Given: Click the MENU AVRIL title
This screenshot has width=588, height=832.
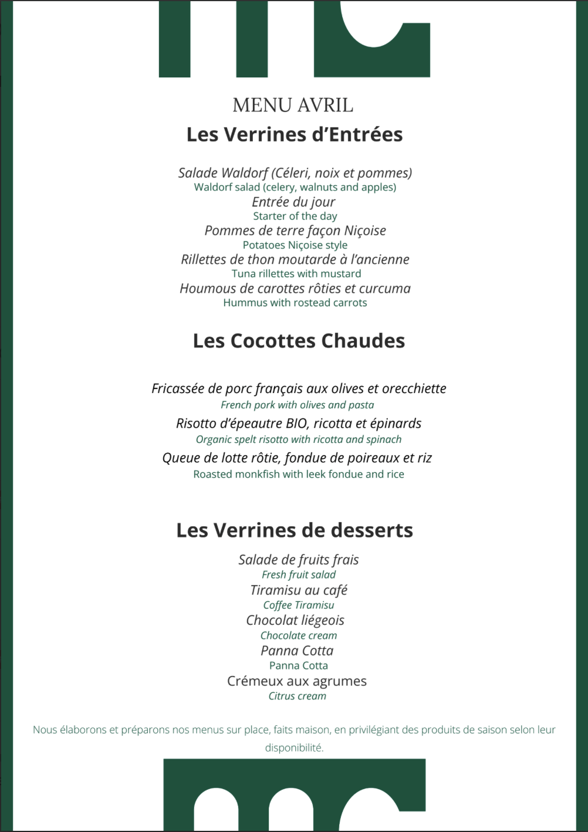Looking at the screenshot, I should pos(293,106).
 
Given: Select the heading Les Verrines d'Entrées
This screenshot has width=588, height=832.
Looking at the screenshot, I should pos(295,135).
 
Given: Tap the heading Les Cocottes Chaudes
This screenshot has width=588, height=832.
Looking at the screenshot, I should pos(299,341).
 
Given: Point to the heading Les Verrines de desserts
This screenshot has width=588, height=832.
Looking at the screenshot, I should pos(295,530).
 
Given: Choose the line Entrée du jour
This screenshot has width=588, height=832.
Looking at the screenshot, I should pos(293,202).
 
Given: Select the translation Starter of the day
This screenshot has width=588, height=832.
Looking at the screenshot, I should pos(295,217).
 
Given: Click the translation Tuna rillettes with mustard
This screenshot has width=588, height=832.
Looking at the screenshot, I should pos(296,274).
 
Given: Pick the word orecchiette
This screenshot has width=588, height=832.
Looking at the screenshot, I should pos(414,388).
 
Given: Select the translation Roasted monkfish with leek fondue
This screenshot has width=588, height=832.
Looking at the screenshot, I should pos(299,474).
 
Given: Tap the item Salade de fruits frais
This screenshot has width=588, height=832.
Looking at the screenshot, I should pos(299,560).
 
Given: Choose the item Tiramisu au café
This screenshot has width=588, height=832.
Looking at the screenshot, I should pos(299,590).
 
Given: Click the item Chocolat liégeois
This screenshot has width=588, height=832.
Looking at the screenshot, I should pos(295,620).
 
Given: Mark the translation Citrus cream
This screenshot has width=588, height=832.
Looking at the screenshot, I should pos(298,696).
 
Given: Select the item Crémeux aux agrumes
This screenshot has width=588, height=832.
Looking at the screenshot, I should pos(297,681).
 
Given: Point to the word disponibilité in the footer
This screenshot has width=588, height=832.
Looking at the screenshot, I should pos(294,748).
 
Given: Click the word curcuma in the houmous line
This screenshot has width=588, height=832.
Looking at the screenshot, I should pos(385,289).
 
